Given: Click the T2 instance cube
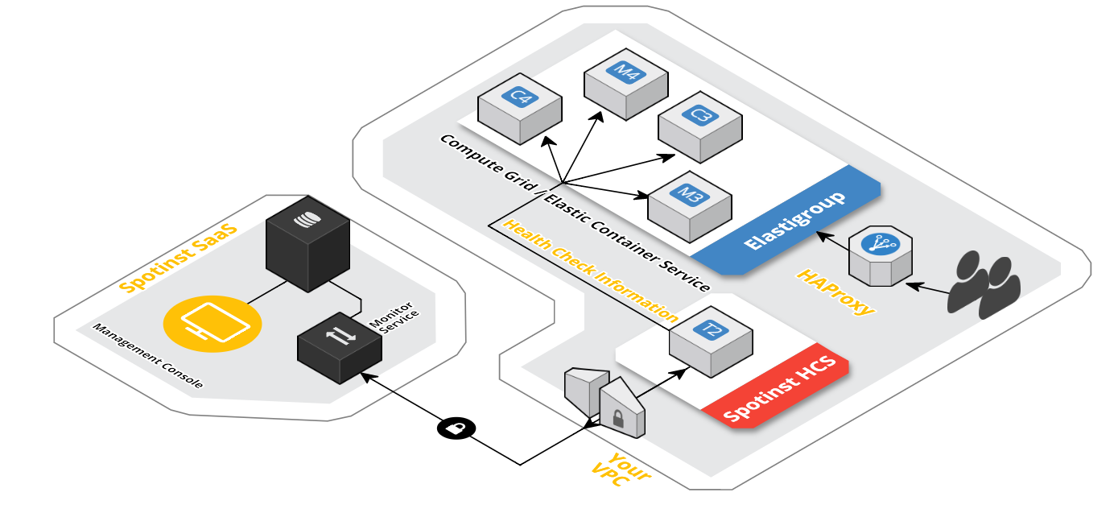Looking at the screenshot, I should (x=710, y=341).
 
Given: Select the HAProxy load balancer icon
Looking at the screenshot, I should (x=880, y=255).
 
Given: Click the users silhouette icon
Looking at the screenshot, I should (x=984, y=285).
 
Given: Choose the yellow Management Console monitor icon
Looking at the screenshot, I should (x=212, y=324).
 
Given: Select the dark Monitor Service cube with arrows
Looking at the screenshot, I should (x=339, y=347).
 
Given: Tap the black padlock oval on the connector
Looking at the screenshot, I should (x=456, y=428).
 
